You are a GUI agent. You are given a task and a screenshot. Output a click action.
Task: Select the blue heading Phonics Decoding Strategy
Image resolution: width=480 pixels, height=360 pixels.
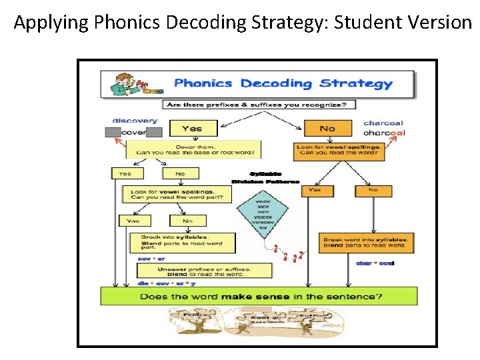pyautogui.click(x=283, y=84)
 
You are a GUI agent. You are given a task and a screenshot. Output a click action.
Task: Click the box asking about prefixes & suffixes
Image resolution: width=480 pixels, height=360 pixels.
pyautogui.click(x=259, y=105)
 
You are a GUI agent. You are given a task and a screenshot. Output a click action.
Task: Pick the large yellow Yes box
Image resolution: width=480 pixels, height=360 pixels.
pyautogui.click(x=193, y=129)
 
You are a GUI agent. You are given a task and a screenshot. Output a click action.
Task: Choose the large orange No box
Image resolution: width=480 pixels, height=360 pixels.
pyautogui.click(x=327, y=128)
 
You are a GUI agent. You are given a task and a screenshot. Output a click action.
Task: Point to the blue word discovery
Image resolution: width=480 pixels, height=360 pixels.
pyautogui.click(x=135, y=121)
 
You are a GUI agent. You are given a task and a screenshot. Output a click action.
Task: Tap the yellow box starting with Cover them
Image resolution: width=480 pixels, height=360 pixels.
pyautogui.click(x=193, y=149)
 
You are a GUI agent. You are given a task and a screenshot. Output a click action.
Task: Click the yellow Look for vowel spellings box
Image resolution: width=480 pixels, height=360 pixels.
pyautogui.click(x=177, y=194)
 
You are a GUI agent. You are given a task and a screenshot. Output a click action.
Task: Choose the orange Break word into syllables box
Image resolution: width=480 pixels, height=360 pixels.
pyautogui.click(x=367, y=242)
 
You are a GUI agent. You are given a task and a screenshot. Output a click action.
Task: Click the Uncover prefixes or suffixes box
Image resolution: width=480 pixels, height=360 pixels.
pyautogui.click(x=205, y=271)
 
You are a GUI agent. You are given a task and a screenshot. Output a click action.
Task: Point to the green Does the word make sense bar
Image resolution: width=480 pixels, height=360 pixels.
pyautogui.click(x=259, y=296)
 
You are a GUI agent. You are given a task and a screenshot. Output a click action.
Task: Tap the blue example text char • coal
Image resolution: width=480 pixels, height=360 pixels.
pyautogui.click(x=375, y=263)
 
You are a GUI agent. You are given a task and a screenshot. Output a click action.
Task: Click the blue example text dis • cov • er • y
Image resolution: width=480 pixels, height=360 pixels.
pyautogui.click(x=159, y=283)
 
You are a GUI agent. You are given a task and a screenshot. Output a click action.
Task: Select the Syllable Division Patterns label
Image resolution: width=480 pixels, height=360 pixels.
pyautogui.click(x=265, y=177)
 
